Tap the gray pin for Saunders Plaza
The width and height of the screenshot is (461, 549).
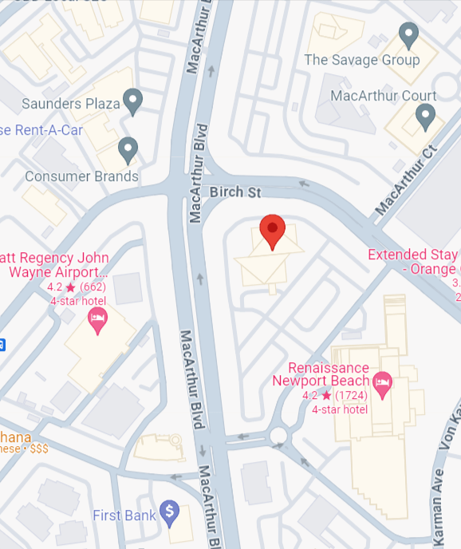pyautogui.click(x=133, y=101)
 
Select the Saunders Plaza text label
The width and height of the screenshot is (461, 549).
pyautogui.click(x=70, y=103)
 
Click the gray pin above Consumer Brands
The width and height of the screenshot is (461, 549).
pyautogui.click(x=128, y=149)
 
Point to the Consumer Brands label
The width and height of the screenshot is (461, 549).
pyautogui.click(x=81, y=176)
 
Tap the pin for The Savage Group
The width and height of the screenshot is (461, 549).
pyautogui.click(x=409, y=35)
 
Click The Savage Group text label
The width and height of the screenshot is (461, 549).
pyautogui.click(x=361, y=60)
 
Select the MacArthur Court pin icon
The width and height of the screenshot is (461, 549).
pyautogui.click(x=426, y=117)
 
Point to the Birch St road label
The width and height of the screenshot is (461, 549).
pyautogui.click(x=235, y=192)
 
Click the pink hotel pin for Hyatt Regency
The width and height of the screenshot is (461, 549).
pyautogui.click(x=97, y=321)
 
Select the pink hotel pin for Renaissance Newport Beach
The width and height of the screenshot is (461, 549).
pyautogui.click(x=383, y=384)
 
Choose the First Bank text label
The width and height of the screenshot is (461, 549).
pyautogui.click(x=124, y=515)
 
